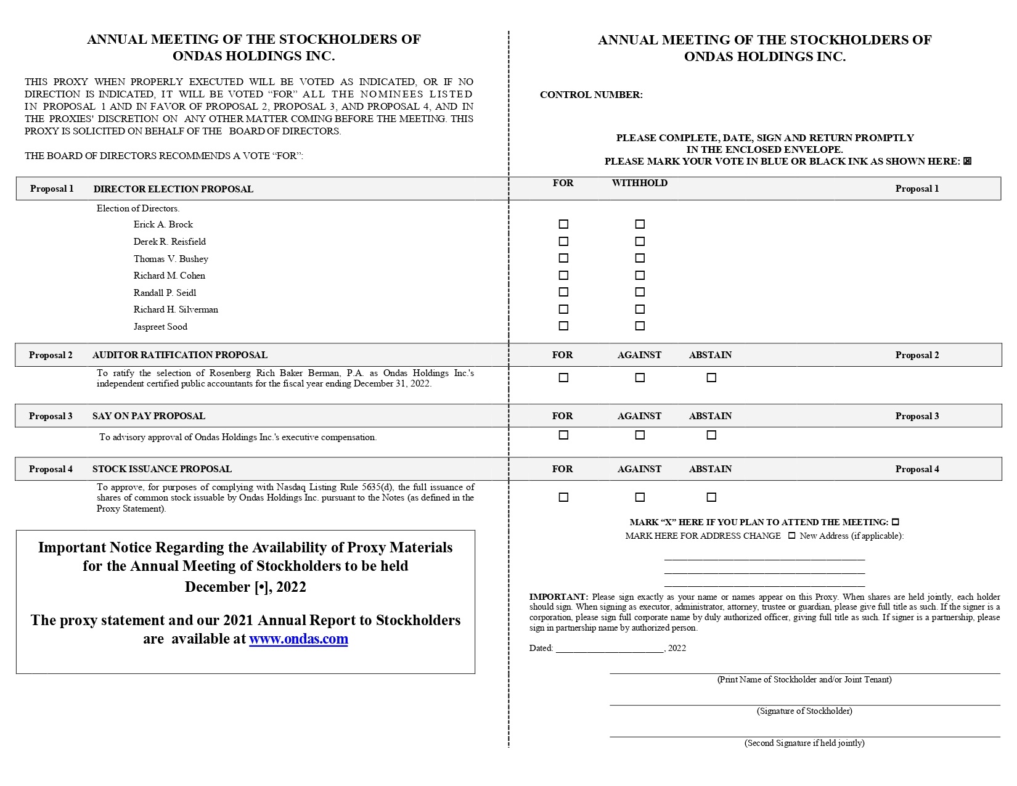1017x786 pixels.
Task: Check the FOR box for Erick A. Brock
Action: click(x=563, y=224)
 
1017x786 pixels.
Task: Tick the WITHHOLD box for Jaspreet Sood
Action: click(x=640, y=326)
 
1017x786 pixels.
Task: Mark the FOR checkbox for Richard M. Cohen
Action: click(x=563, y=276)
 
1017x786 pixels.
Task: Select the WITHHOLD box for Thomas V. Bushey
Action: click(x=640, y=258)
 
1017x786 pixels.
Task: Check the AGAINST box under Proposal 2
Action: click(x=640, y=377)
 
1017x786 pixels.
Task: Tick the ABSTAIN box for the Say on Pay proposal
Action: click(x=711, y=435)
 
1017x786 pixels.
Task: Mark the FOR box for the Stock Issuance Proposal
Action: click(x=563, y=497)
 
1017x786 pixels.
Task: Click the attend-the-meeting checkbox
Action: click(x=896, y=522)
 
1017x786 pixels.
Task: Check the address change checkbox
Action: click(x=792, y=536)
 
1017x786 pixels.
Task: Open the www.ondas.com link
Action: click(x=298, y=639)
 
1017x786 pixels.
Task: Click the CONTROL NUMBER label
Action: click(x=591, y=95)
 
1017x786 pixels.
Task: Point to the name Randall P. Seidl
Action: click(x=165, y=293)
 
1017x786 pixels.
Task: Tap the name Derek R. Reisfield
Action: click(x=169, y=242)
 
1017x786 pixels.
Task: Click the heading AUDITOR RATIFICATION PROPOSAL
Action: click(x=179, y=355)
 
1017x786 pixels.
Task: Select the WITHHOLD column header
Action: click(x=640, y=183)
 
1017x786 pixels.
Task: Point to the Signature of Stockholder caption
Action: click(x=804, y=711)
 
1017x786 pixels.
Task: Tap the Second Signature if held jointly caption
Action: click(x=804, y=743)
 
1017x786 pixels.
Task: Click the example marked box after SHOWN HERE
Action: click(x=967, y=162)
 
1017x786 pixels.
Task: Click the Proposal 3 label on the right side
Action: click(x=917, y=416)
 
